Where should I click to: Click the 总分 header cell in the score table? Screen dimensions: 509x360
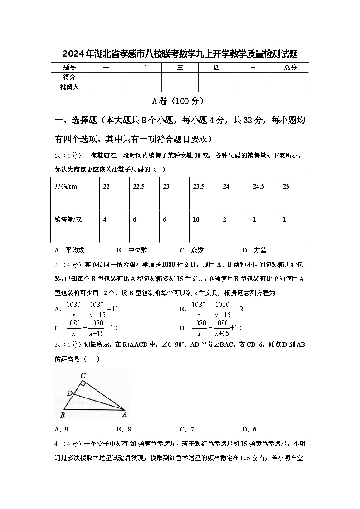point(290,68)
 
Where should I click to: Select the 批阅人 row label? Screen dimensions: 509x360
point(69,87)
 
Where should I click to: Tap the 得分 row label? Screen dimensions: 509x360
point(69,77)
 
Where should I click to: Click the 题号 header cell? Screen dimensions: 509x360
point(69,68)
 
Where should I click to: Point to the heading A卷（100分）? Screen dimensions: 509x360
point(180,101)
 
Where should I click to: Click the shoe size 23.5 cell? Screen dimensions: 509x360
point(199,186)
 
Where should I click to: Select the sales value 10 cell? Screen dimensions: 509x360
point(196,219)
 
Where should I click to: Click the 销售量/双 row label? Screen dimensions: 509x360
point(68,219)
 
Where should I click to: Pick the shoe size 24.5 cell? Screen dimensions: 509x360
point(258,186)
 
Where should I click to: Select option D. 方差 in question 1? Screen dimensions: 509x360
point(254,250)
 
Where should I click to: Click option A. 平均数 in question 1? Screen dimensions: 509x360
point(69,250)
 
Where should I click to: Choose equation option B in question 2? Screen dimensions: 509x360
point(212,309)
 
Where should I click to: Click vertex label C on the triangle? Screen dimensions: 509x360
point(83,375)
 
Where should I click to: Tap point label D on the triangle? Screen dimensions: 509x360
point(69,393)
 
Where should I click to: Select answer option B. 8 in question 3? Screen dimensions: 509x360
point(123,429)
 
